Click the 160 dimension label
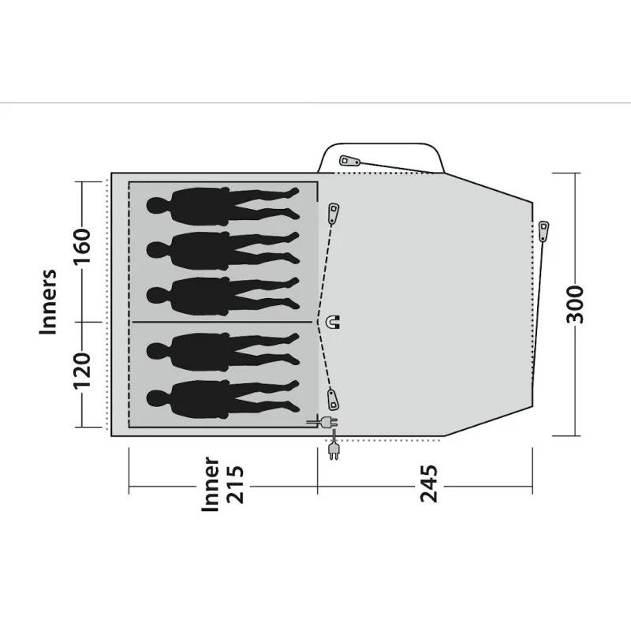[82, 246]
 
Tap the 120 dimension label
[82, 371]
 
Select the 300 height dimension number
[575, 304]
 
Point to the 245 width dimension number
[428, 484]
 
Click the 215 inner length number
[235, 484]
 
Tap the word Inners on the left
[48, 302]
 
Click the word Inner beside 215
[211, 484]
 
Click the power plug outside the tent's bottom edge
[334, 450]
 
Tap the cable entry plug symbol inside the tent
[323, 422]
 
